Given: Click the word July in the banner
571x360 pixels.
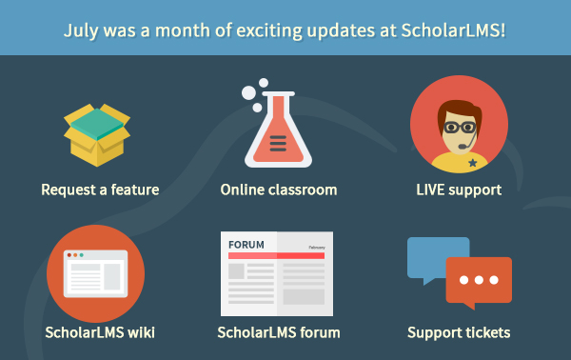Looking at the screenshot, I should (x=83, y=30).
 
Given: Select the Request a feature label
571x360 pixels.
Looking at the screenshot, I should (x=100, y=190).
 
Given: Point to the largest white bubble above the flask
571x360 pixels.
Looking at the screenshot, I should (x=250, y=93).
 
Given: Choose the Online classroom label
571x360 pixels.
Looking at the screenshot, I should (x=279, y=190).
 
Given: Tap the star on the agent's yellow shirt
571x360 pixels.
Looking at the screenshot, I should (x=473, y=163).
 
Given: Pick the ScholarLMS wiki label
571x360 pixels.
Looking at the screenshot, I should (x=100, y=332).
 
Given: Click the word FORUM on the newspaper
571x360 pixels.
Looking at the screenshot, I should (x=246, y=244).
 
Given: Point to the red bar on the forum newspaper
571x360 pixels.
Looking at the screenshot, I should (x=277, y=256).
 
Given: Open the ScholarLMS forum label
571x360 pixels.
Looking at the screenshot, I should (x=279, y=332).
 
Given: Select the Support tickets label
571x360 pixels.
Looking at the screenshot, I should (x=459, y=332).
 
